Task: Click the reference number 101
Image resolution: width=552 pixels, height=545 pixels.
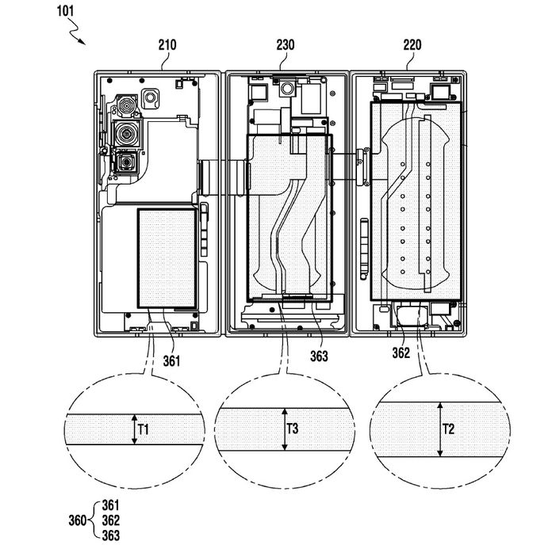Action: click(66, 11)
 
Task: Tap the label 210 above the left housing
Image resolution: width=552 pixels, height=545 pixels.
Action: click(167, 45)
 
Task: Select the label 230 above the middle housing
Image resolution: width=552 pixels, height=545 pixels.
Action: click(286, 45)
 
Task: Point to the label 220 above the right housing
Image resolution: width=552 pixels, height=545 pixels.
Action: click(412, 45)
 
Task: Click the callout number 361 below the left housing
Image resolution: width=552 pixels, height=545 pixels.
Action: click(171, 361)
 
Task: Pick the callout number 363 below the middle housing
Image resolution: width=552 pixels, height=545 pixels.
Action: click(319, 356)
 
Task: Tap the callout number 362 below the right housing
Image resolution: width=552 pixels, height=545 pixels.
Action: click(401, 353)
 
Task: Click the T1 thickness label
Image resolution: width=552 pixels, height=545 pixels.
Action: click(144, 429)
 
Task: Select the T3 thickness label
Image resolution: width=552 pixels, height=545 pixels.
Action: click(293, 429)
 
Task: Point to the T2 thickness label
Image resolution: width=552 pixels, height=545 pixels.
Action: click(449, 429)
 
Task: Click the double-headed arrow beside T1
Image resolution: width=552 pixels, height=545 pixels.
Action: click(134, 429)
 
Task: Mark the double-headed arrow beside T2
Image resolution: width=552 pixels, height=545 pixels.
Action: click(439, 429)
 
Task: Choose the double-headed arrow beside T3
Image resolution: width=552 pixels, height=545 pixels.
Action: click(285, 429)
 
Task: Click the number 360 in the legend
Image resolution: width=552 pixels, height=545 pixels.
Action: click(78, 520)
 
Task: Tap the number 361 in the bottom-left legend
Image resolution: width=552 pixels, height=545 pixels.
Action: click(111, 505)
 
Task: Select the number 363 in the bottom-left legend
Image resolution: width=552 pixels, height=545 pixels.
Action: click(111, 535)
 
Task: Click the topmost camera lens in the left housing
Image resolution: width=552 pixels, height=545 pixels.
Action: click(126, 105)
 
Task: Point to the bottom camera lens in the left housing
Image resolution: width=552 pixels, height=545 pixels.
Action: click(125, 162)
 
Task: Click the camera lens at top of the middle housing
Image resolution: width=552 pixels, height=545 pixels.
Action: click(287, 89)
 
